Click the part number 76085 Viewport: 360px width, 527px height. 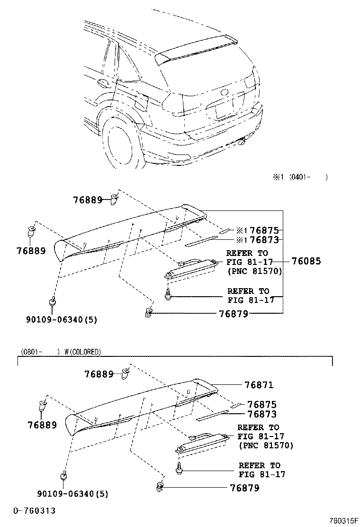[x=306, y=261]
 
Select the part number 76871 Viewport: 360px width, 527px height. [x=259, y=385]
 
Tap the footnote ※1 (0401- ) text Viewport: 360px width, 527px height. [x=300, y=177]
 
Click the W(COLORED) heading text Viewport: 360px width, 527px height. [x=82, y=352]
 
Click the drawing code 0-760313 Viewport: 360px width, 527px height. [x=34, y=510]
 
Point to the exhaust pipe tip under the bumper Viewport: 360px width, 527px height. [x=243, y=141]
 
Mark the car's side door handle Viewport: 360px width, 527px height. [x=102, y=83]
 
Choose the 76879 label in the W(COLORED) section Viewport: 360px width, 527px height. [x=244, y=488]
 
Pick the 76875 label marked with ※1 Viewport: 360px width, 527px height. [x=264, y=230]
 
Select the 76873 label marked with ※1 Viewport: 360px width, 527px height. [x=264, y=240]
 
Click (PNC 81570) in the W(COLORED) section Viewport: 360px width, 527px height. [x=266, y=445]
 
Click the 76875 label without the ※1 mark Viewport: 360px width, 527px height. [x=262, y=404]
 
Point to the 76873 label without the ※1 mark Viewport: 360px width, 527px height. [x=262, y=414]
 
